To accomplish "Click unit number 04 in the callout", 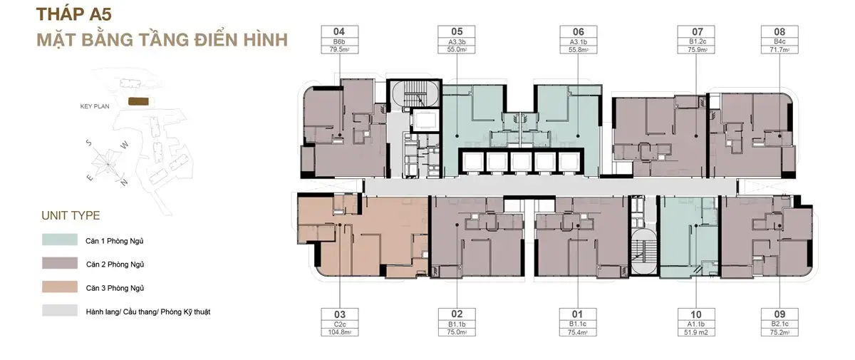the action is click(339, 31).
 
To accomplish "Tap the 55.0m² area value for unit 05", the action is click(457, 50).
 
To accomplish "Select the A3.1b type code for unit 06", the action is click(579, 42).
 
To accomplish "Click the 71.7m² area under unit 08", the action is click(779, 50).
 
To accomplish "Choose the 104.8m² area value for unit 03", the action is click(340, 332).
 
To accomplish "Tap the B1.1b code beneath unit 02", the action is click(457, 324).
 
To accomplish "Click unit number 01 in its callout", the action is click(577, 314).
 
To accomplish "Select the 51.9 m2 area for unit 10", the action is click(696, 332).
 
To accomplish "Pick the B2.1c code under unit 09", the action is click(779, 324).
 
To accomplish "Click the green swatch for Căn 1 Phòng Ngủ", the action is click(60, 240).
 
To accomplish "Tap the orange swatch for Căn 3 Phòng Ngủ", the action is click(60, 287).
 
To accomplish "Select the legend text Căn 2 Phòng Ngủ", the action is click(115, 264).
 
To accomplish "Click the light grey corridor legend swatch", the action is click(60, 310).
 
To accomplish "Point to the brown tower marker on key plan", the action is click(138, 101).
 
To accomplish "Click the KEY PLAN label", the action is click(95, 106).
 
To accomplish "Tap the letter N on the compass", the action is click(124, 182).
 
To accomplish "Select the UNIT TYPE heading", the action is click(71, 215).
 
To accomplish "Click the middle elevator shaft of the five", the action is click(521, 162).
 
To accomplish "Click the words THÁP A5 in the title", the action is click(73, 14).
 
